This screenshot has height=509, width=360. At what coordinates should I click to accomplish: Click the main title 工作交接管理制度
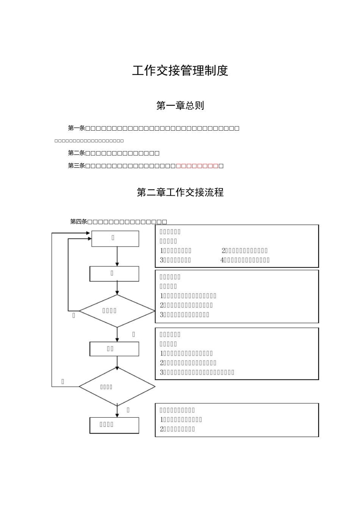click(180, 71)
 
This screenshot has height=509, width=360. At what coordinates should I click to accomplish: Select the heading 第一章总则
click(180, 105)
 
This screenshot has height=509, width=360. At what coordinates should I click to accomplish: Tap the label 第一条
click(76, 128)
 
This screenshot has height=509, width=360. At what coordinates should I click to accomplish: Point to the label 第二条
click(76, 153)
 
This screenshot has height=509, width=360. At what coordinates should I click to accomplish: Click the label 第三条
click(76, 166)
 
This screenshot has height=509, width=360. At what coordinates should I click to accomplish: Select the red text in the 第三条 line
click(197, 166)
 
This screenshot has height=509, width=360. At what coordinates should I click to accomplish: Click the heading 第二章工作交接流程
click(180, 192)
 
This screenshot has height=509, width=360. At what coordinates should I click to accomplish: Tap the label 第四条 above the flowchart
click(78, 222)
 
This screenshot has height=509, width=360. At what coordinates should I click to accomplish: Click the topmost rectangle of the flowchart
click(115, 239)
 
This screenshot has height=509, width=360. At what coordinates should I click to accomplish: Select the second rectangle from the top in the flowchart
click(114, 273)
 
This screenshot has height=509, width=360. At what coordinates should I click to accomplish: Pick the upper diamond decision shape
click(117, 311)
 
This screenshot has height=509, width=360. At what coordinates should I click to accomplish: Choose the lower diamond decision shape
click(117, 387)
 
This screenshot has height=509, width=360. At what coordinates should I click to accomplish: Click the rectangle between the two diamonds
click(114, 349)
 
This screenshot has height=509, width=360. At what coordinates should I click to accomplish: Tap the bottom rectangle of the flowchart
click(114, 425)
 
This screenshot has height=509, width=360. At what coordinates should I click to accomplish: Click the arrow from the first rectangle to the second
click(117, 256)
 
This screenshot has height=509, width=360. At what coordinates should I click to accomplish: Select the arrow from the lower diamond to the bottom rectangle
click(117, 411)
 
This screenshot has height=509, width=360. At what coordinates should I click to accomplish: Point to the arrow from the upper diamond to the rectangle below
click(117, 334)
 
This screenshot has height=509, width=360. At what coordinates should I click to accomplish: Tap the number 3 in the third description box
click(162, 372)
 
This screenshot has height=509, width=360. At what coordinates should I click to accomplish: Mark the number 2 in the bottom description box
click(162, 429)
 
